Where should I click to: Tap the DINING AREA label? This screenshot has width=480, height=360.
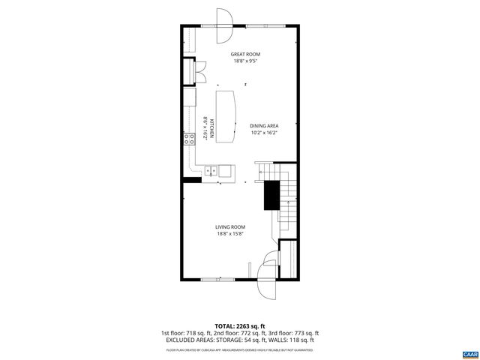point(264,126)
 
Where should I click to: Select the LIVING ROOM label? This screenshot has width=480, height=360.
point(230,226)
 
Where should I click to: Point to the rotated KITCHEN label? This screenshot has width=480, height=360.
point(212,129)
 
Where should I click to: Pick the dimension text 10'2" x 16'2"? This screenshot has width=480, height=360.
point(264,133)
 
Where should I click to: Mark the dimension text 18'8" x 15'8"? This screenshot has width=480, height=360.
point(230,233)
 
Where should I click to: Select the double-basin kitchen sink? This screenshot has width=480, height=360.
point(211,171)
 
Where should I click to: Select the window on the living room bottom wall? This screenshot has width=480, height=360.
point(218,280)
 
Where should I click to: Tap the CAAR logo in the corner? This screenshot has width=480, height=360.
point(469,353)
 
